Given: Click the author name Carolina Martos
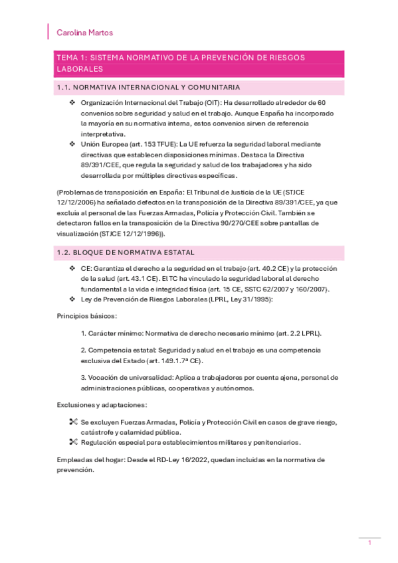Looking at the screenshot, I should click(x=85, y=33).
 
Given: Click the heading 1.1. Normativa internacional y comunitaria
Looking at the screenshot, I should click(x=148, y=87).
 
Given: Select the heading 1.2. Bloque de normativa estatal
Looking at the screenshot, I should click(x=126, y=252).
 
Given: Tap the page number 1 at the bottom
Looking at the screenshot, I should click(x=369, y=543).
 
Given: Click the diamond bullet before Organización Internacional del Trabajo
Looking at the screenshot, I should click(x=72, y=103).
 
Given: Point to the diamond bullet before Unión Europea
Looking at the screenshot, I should click(x=72, y=144).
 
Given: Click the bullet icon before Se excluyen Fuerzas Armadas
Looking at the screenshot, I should click(x=73, y=422).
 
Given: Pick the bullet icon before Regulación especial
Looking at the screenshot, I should click(x=73, y=442).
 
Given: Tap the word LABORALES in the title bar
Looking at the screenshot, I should click(x=80, y=69).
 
